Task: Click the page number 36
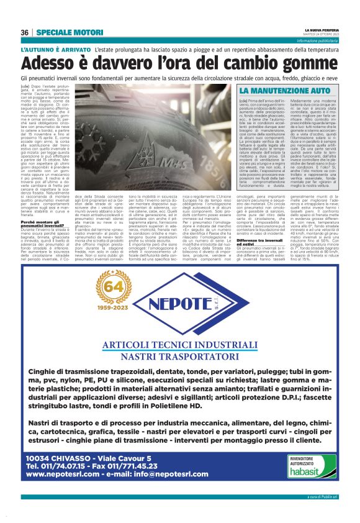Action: [25, 32]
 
